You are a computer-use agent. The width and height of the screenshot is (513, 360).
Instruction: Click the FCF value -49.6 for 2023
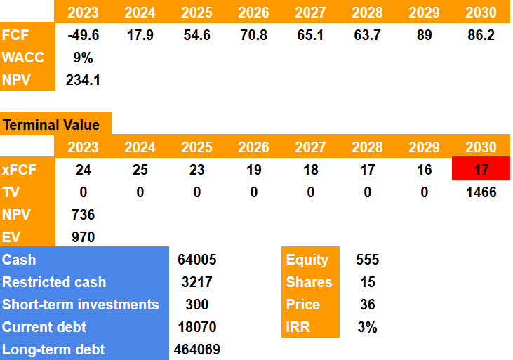pyautogui.click(x=83, y=35)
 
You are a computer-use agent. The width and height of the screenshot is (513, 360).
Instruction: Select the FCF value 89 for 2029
pyautogui.click(x=423, y=35)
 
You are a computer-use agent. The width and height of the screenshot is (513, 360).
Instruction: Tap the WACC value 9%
pyautogui.click(x=83, y=58)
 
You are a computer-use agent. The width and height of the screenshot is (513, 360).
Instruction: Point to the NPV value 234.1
pyautogui.click(x=83, y=80)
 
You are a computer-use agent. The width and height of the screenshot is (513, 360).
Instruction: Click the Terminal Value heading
pyautogui.click(x=51, y=126)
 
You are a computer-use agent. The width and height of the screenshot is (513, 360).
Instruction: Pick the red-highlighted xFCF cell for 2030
pyautogui.click(x=481, y=170)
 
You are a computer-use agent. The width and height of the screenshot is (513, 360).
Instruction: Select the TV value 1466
pyautogui.click(x=481, y=192)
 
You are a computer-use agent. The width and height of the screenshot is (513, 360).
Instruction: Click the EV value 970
pyautogui.click(x=83, y=237)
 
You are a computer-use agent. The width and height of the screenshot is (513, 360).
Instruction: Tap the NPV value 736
pyautogui.click(x=83, y=215)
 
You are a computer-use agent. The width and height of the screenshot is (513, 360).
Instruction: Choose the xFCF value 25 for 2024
pyautogui.click(x=140, y=170)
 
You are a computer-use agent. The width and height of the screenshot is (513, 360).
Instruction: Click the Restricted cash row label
pyautogui.click(x=54, y=282)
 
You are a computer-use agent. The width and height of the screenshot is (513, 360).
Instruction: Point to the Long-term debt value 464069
pyautogui.click(x=197, y=349)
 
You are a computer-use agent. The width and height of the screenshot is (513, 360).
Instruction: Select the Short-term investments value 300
pyautogui.click(x=197, y=305)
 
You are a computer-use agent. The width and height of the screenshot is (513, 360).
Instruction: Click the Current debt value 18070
pyautogui.click(x=197, y=327)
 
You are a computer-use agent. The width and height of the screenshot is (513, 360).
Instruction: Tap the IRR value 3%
pyautogui.click(x=367, y=327)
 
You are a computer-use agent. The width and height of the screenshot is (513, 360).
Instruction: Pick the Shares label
pyautogui.click(x=309, y=282)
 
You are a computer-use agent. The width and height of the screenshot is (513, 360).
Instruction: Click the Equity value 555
pyautogui.click(x=367, y=260)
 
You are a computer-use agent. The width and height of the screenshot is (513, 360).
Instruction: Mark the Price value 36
pyautogui.click(x=367, y=305)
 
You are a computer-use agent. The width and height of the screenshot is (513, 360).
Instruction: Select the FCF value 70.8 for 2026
pyautogui.click(x=253, y=35)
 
